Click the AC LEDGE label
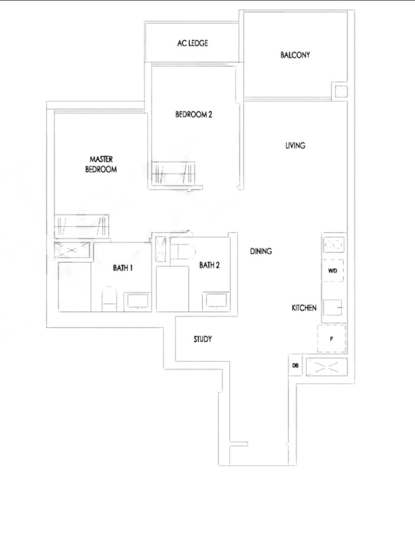192,43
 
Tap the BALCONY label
295,54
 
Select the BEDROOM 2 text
193,115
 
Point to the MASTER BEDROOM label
101,164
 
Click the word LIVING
295,146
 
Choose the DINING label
261,251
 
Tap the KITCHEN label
304,308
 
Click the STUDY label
202,339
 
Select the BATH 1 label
123,268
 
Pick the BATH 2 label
210,265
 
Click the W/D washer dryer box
333,270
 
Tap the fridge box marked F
331,339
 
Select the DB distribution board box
295,365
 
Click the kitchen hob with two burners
334,245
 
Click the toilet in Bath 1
109,298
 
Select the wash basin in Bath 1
138,301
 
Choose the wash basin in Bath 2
216,300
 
